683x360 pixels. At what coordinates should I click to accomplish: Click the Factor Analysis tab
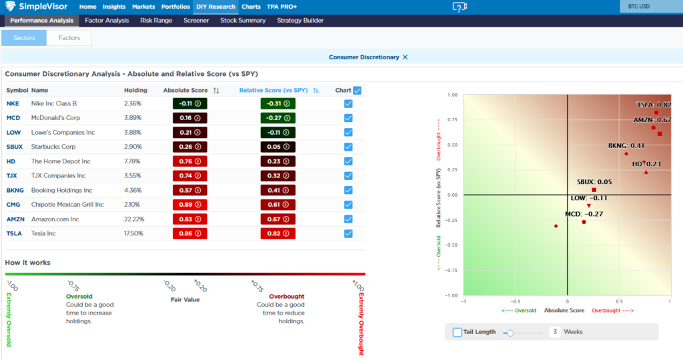107,21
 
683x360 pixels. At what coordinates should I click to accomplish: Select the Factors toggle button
69,38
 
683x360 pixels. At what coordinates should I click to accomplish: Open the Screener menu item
196,21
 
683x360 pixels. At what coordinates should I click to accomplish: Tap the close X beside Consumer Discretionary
405,57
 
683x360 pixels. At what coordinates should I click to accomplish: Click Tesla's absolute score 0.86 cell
189,233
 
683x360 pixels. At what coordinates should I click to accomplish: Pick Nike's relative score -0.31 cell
278,103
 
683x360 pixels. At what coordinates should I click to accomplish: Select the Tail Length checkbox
457,332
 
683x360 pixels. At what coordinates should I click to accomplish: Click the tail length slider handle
510,332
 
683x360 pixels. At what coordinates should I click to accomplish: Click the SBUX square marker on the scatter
594,190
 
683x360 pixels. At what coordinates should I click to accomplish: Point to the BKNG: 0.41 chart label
626,145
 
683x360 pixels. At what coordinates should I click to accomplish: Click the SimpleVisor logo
37,7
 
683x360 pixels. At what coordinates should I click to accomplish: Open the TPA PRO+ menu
282,7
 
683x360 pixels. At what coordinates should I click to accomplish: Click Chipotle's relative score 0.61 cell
278,204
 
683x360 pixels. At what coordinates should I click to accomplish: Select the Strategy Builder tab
300,21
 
